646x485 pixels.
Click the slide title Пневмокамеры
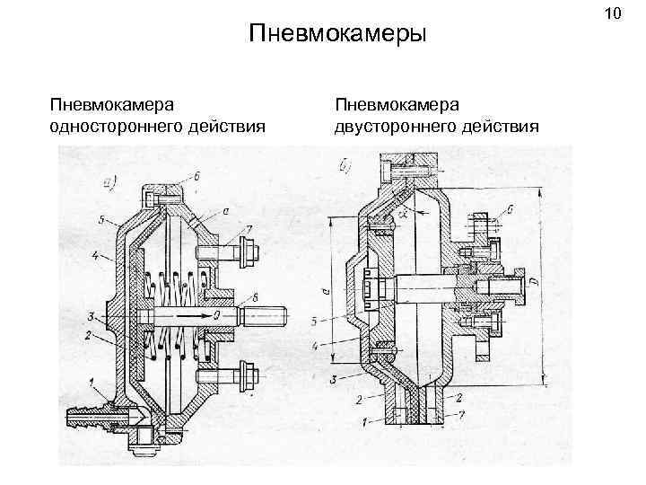click(336, 34)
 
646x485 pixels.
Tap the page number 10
click(613, 13)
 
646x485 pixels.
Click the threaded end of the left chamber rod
click(269, 317)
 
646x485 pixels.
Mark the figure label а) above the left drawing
click(110, 185)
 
